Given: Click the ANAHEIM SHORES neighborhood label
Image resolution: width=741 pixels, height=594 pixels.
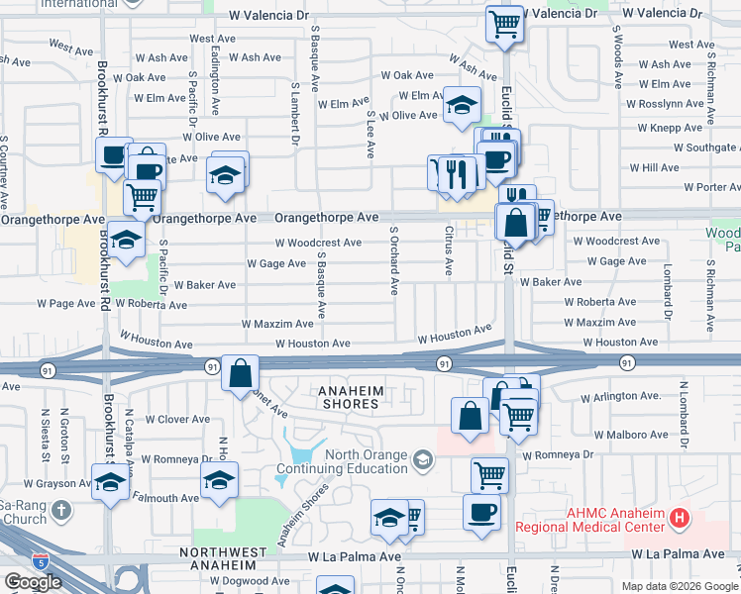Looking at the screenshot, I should click(x=350, y=398).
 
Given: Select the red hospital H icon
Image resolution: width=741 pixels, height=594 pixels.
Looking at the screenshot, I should click(x=679, y=516).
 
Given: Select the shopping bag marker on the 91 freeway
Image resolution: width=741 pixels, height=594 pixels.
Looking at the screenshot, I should click(x=240, y=374).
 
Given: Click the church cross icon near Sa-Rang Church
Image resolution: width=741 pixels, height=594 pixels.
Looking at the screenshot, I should click(x=61, y=511).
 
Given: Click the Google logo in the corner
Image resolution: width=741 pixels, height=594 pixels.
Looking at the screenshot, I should click(x=33, y=582).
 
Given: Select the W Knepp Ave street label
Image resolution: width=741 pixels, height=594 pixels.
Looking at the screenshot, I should click(x=670, y=128).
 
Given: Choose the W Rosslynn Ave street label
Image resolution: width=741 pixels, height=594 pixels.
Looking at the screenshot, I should click(x=664, y=104).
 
